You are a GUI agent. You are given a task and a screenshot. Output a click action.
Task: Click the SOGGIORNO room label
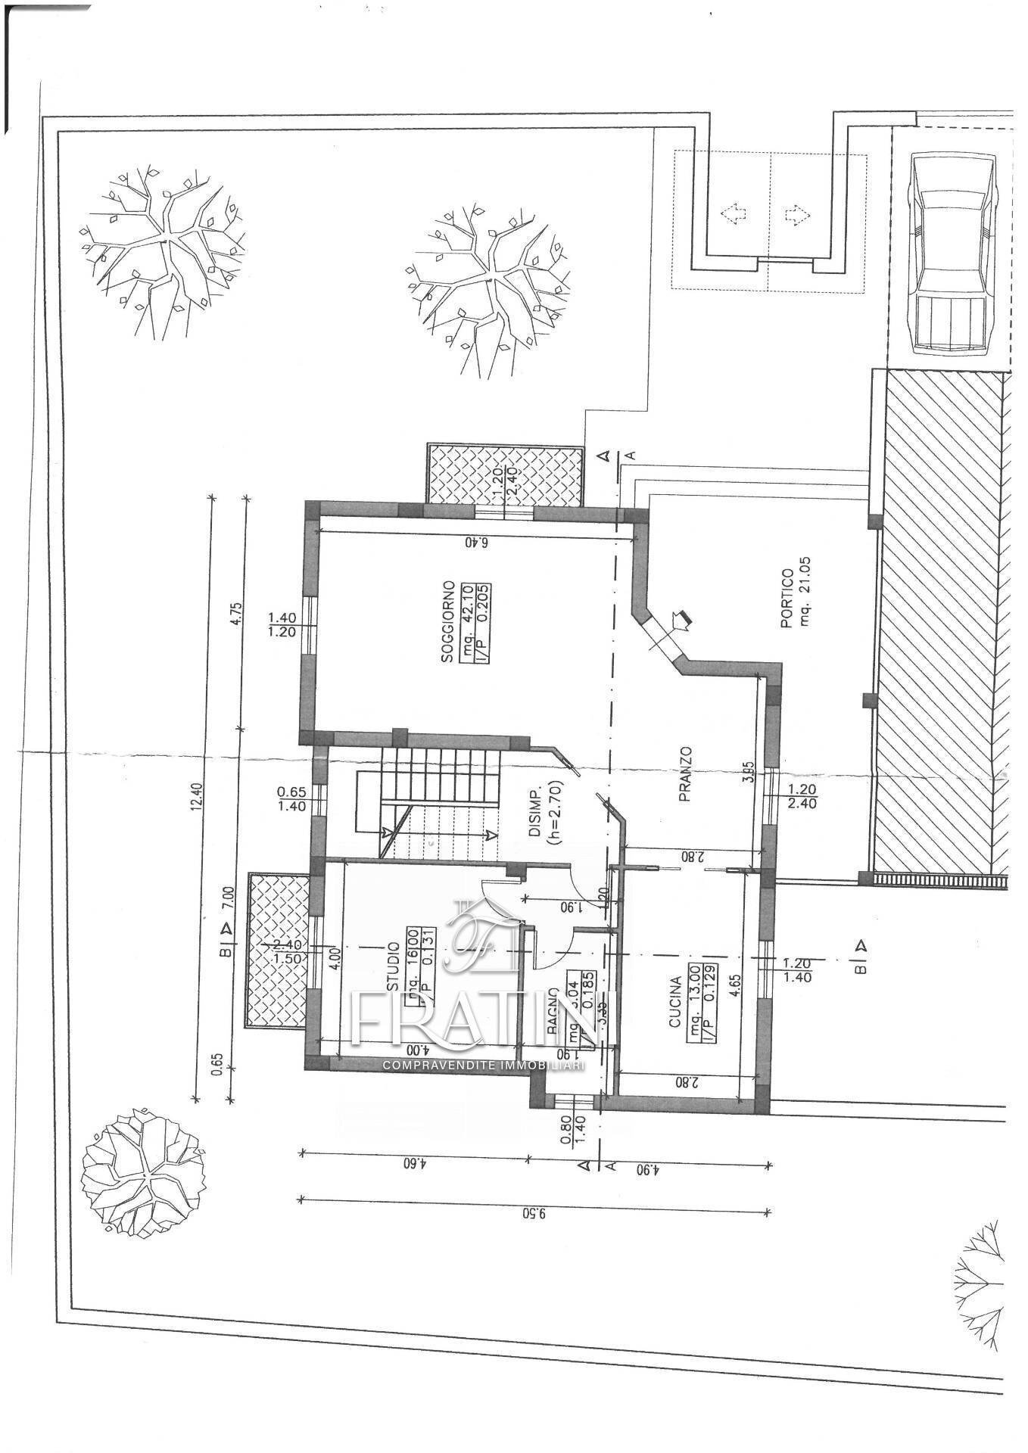(x=448, y=622)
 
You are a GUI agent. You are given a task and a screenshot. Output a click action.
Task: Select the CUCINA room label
(x=675, y=1001)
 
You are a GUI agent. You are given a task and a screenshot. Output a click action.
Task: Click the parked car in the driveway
(x=951, y=253)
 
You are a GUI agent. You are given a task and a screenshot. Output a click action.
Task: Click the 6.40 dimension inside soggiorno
(x=475, y=543)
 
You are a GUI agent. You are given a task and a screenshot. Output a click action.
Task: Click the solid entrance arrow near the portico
(x=684, y=621)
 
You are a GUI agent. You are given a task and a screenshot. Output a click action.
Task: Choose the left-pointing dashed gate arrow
(x=732, y=214)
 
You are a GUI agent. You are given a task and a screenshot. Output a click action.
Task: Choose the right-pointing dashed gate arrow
(x=796, y=214)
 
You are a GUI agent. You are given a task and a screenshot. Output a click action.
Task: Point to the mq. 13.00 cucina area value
(x=694, y=1001)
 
